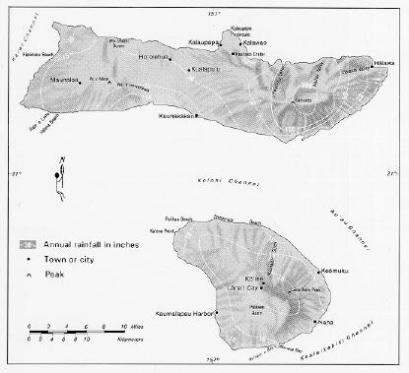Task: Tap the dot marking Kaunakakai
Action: pos(196,115)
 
